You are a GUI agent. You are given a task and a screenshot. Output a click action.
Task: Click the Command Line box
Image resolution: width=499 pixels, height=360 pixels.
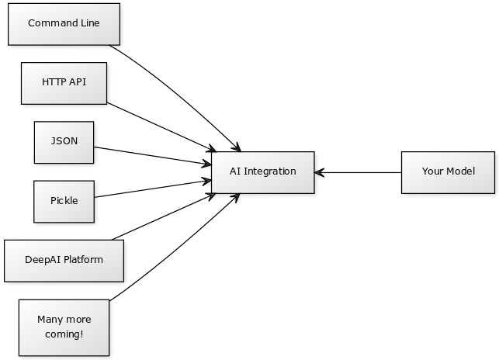coord(64,23)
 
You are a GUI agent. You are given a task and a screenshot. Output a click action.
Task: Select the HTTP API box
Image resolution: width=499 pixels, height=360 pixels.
coord(64,82)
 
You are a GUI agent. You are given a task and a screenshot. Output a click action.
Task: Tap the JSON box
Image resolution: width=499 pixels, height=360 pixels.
coord(64,142)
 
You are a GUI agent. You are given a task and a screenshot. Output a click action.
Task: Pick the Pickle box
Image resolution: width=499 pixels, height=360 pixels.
coord(64,201)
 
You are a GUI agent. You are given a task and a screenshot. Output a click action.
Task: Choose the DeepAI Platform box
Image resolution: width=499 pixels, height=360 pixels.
coord(64,260)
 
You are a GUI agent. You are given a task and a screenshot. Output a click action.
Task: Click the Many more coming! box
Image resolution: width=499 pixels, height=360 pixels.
coord(64,327)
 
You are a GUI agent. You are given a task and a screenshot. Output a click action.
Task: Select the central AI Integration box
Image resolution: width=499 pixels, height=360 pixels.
coord(262,171)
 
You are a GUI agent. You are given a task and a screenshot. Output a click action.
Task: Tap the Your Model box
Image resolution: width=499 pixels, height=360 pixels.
coord(448,171)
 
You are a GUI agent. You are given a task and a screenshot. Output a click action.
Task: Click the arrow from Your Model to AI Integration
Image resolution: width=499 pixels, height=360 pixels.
coord(357,172)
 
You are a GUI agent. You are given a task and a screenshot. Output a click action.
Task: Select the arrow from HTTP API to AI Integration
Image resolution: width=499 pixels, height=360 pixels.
coord(159,126)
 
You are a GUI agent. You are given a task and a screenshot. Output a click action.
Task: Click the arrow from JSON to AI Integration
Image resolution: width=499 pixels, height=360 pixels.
coord(151,155)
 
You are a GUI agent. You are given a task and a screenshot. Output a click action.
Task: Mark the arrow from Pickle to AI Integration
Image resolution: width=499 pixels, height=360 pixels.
coord(151,189)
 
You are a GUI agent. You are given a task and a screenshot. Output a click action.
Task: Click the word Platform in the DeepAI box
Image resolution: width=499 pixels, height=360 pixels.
coord(82,260)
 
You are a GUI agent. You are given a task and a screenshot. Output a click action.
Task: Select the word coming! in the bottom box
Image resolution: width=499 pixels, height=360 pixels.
coord(64,334)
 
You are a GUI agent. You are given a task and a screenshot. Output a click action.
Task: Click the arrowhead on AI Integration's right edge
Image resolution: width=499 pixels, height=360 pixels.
coord(319,172)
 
